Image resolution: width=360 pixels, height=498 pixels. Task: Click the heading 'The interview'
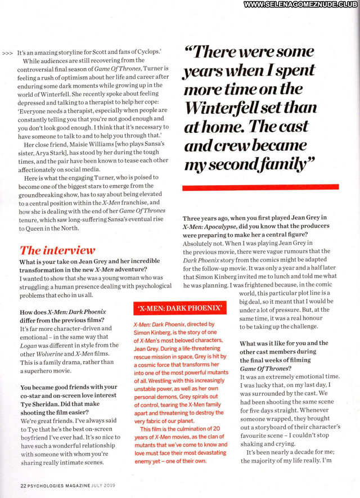(57, 250)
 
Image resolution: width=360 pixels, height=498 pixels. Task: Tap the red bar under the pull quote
(261, 187)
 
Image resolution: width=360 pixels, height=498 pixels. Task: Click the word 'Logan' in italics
(31, 346)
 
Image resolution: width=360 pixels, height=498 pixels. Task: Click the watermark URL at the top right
(301, 5)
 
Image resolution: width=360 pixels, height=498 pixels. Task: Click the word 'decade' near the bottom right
(295, 452)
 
